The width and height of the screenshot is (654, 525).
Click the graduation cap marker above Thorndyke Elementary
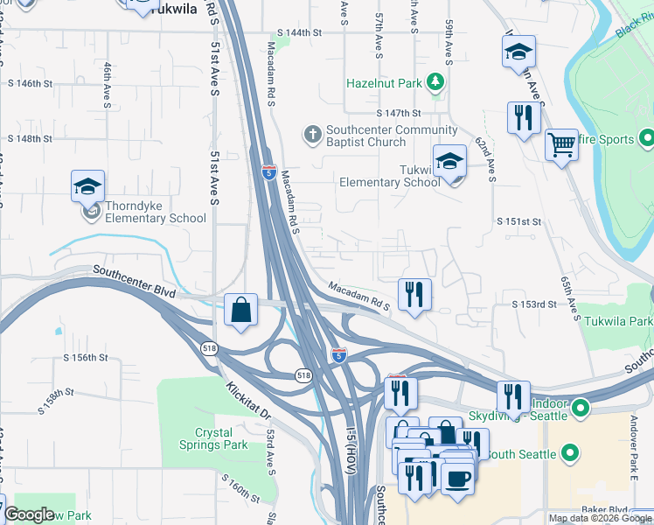tap(87, 186)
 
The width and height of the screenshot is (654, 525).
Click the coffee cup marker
tap(458, 479)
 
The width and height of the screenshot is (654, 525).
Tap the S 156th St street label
tap(85, 358)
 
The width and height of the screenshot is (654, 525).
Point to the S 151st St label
tap(519, 222)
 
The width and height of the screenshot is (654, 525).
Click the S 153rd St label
tap(534, 304)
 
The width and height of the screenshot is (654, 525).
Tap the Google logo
tap(30, 514)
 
